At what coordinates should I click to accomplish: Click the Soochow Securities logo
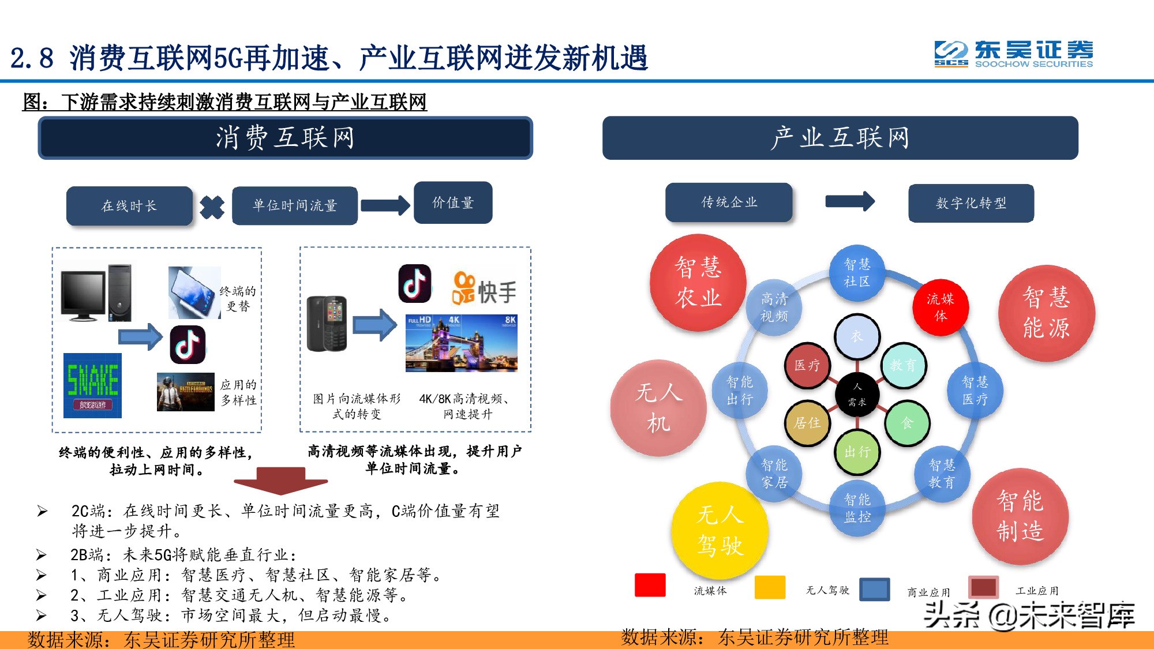(x=1013, y=54)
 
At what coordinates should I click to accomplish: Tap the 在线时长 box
(x=129, y=205)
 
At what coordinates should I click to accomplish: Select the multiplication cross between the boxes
(x=212, y=207)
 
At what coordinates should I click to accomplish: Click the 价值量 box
(x=453, y=202)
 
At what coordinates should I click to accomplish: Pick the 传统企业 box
(x=729, y=202)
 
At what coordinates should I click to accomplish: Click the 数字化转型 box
(x=971, y=203)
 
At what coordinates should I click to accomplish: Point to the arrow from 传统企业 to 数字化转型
(x=850, y=201)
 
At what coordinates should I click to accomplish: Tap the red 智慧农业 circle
(x=698, y=283)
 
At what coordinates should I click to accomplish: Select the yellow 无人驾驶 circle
(x=720, y=530)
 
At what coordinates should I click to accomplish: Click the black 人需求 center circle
(x=857, y=395)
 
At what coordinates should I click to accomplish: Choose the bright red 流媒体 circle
(x=941, y=307)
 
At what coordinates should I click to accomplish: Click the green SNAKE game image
(x=92, y=385)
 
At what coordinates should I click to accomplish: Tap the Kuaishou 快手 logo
(x=484, y=289)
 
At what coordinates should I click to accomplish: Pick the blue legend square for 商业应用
(x=874, y=589)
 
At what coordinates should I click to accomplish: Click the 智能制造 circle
(x=1020, y=516)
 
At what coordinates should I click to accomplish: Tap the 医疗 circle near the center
(x=807, y=365)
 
